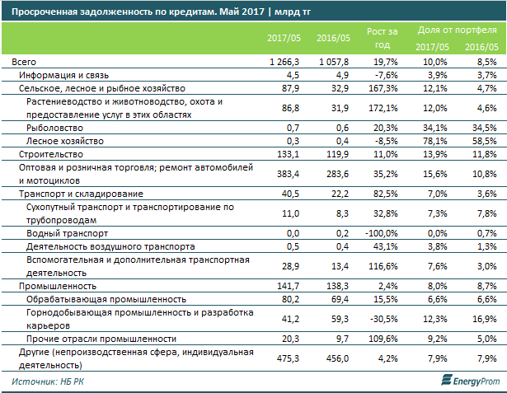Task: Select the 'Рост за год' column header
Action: click(x=385, y=39)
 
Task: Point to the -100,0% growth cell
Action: click(x=382, y=234)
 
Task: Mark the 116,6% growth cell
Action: click(x=383, y=265)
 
